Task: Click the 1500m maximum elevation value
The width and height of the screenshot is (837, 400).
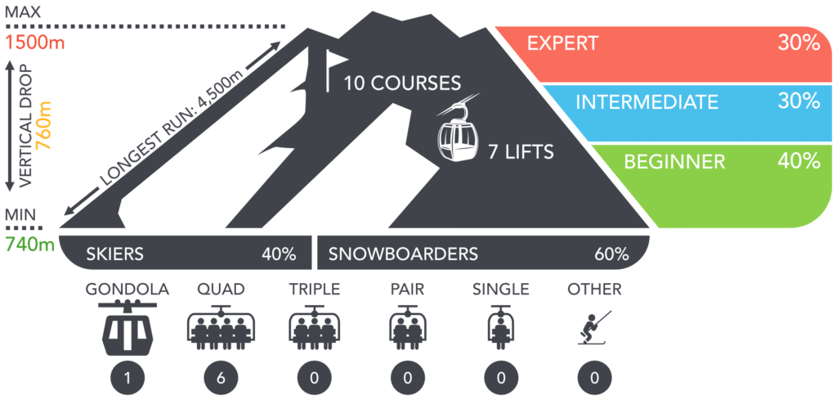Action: [34, 43]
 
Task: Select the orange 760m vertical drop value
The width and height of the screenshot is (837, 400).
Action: [43, 125]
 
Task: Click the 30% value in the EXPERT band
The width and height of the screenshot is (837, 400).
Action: [799, 43]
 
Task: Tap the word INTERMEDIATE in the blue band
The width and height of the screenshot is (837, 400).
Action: [647, 101]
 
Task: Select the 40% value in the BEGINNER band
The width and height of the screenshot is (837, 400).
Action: [799, 161]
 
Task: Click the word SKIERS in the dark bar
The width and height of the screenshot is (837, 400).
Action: [114, 254]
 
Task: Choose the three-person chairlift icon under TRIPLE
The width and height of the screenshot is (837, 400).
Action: [314, 327]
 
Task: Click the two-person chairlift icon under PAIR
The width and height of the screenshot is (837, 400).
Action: [407, 327]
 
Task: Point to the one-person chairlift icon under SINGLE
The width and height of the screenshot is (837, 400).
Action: [501, 327]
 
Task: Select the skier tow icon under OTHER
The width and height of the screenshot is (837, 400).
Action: [594, 327]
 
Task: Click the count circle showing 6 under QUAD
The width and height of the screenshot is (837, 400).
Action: [221, 379]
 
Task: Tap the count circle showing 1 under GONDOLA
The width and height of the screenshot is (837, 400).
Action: [128, 379]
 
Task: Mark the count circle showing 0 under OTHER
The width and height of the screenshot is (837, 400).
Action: [594, 379]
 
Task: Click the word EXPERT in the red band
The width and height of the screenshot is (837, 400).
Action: [563, 43]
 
